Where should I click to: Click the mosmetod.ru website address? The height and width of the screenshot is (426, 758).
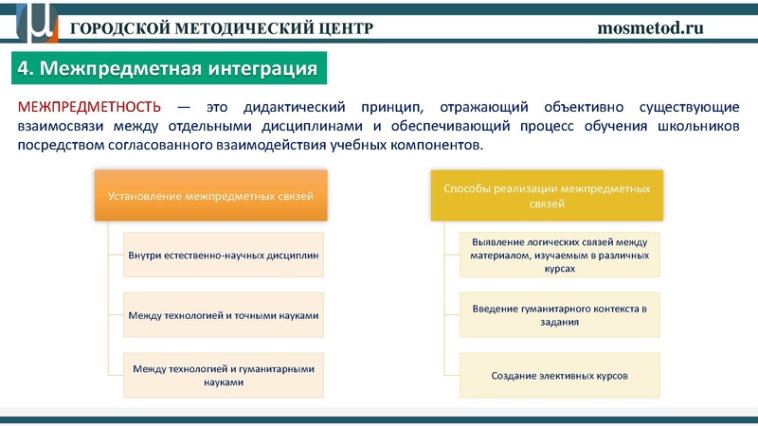[650, 27]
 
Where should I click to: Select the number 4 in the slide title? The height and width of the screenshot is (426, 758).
[26, 69]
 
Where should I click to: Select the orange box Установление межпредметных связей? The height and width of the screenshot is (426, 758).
[210, 196]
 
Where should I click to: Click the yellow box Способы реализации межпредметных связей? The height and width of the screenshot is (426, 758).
[547, 196]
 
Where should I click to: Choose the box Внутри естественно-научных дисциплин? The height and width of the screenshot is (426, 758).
[224, 255]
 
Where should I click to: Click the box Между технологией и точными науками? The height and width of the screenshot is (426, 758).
[224, 315]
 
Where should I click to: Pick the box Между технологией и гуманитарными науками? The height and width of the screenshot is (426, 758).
[224, 375]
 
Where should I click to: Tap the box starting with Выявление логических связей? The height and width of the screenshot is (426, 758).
[560, 255]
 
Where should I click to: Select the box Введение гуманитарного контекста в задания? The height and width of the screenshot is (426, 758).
[560, 315]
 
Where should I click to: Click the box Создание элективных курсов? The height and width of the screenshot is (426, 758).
[560, 375]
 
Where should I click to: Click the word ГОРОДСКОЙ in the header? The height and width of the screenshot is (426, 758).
[117, 27]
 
